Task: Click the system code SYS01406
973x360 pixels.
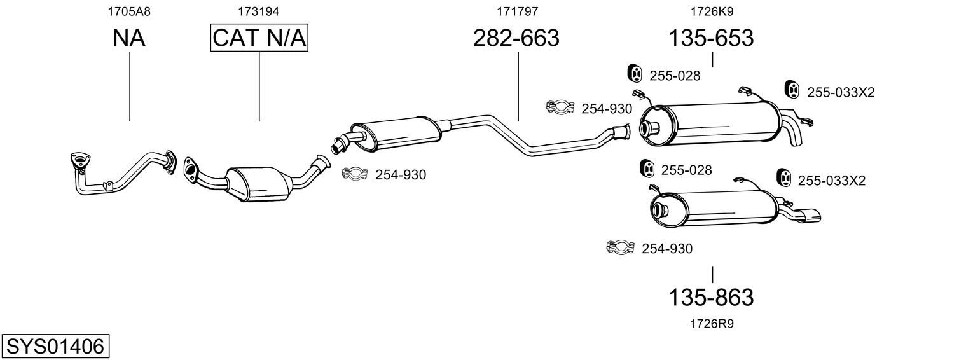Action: click(x=55, y=346)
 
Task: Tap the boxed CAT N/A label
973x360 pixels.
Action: click(x=259, y=38)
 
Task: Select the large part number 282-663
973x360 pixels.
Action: click(x=516, y=38)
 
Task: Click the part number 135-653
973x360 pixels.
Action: click(x=710, y=38)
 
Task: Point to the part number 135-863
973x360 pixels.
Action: click(x=710, y=298)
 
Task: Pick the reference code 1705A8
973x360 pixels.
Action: click(x=129, y=11)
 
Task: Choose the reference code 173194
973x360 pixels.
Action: click(x=258, y=11)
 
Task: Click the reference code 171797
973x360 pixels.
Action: click(x=517, y=11)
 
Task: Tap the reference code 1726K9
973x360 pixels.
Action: click(x=712, y=11)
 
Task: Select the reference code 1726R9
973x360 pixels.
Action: click(x=712, y=324)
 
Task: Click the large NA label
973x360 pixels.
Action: click(x=129, y=38)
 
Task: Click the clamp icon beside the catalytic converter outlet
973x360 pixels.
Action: click(x=355, y=174)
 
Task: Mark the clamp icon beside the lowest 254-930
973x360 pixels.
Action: click(x=621, y=247)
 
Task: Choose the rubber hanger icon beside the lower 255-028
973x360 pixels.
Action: click(x=647, y=169)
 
